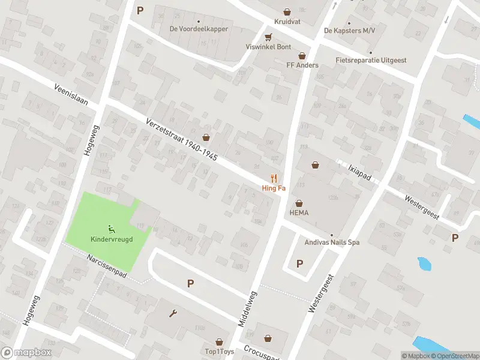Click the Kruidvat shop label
287,21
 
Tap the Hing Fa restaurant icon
274,178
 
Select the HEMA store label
299,212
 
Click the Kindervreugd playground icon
111,229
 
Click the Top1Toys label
218,351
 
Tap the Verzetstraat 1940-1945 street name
181,139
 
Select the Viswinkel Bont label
268,47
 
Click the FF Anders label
302,65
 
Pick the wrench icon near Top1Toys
174,313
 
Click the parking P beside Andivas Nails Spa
299,263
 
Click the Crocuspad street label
262,354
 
